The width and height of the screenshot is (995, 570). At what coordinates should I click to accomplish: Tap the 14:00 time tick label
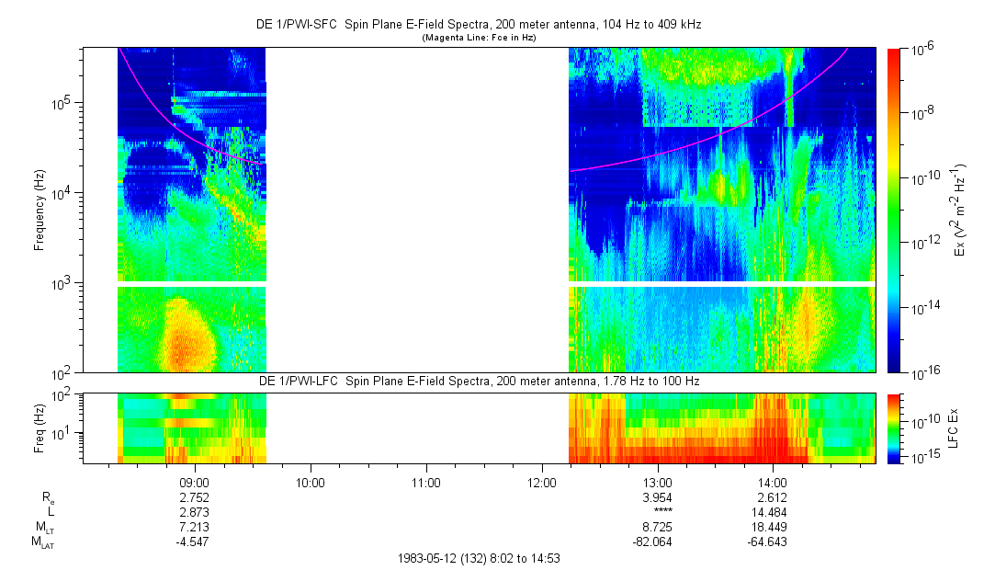[x=773, y=482]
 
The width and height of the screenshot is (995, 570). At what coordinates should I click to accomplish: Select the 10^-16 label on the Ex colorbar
[x=922, y=370]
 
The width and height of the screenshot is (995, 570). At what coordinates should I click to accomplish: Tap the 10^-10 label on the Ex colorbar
[x=922, y=177]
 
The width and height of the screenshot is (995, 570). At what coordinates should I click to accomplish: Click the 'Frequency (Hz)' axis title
[x=40, y=210]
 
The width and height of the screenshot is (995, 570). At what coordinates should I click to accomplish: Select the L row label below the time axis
[x=51, y=511]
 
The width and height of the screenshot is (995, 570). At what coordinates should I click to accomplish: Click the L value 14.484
[x=773, y=511]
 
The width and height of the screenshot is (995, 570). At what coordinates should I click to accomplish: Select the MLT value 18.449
[x=773, y=527]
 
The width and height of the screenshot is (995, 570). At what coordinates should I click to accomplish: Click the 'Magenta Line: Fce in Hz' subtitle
[x=478, y=38]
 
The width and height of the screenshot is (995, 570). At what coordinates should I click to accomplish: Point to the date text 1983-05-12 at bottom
[x=432, y=558]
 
